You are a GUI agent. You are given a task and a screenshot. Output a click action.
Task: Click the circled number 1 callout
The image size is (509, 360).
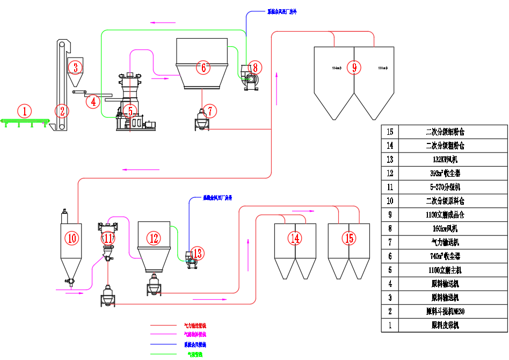24,111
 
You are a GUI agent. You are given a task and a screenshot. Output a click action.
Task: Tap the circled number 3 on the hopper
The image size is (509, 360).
76,68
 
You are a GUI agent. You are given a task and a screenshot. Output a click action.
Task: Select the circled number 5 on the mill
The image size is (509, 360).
130,111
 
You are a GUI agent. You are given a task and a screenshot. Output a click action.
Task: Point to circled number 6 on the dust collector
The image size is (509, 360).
202,68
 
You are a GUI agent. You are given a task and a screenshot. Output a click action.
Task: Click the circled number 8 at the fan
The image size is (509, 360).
254,67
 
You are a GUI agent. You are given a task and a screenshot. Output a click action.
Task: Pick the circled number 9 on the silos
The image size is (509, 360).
354,67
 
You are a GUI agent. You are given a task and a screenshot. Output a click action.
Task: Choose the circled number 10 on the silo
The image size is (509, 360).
72,237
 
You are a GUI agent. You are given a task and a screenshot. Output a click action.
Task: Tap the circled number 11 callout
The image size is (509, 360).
108,237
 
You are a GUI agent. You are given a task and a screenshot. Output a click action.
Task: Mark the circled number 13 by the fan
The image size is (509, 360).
197,253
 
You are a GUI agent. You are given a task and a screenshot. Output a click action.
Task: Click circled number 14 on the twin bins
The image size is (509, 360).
295,238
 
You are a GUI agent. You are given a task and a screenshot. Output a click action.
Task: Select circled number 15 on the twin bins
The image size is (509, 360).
349,238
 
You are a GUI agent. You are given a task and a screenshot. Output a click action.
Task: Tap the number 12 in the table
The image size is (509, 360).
390,174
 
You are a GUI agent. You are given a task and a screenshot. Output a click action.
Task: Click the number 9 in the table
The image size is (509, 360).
390,215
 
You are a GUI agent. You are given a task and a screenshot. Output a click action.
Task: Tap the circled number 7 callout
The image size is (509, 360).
210,111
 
